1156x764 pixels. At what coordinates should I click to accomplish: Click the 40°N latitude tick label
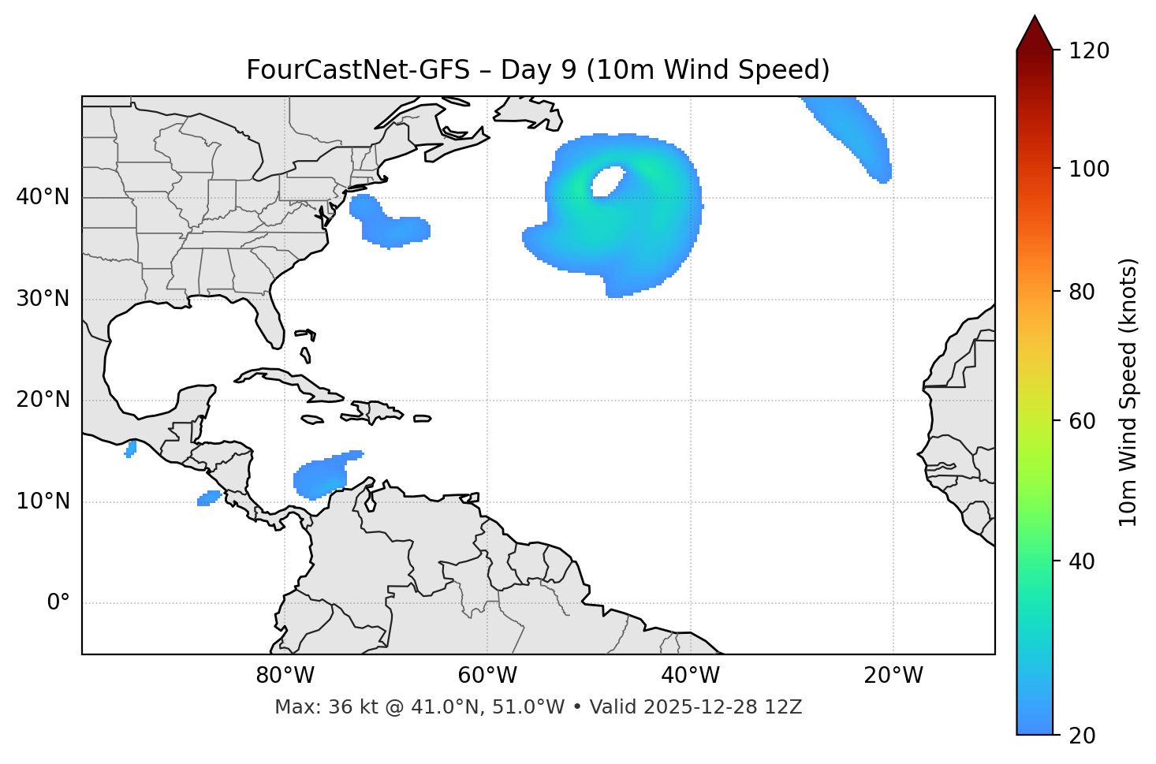43,197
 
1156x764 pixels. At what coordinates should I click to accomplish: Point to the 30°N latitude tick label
43,299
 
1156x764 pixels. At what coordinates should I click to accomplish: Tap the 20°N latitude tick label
43,400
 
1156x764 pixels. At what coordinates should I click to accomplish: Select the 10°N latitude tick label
43,501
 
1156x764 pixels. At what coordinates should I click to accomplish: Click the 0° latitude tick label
58,603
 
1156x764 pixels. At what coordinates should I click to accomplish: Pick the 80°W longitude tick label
285,676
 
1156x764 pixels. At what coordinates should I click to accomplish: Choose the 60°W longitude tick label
487,676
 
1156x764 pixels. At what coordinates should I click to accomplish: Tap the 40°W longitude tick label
690,676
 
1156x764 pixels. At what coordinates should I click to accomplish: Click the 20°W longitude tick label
893,676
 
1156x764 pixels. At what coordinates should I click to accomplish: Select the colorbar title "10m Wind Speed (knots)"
1128,393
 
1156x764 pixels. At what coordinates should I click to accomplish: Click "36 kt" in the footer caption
345,707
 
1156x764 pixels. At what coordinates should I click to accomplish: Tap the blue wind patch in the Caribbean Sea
321,476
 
